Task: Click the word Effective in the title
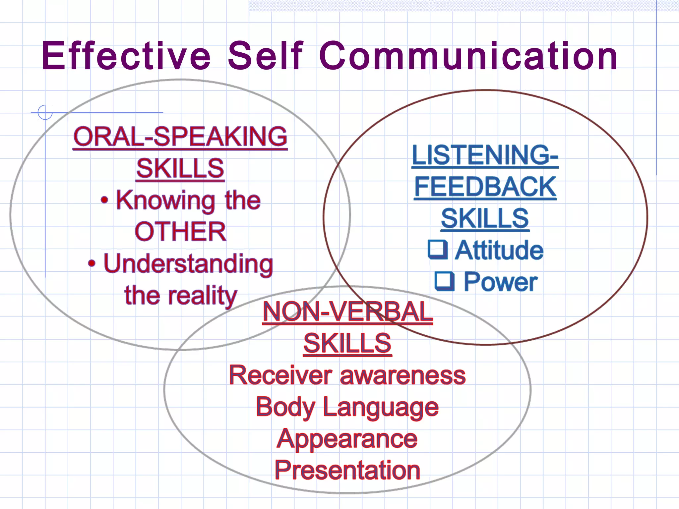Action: tap(126, 56)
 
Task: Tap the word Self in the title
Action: tap(265, 56)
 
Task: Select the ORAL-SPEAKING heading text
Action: tap(180, 137)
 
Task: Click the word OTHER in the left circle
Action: tap(180, 232)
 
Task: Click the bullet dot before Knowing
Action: tap(104, 200)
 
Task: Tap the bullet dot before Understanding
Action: tap(92, 263)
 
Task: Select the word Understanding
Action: tap(188, 264)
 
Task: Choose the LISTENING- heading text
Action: tap(485, 155)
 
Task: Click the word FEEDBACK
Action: tap(485, 187)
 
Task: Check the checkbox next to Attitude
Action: tap(438, 250)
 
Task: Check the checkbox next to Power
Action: tap(444, 281)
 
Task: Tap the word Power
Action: tap(500, 282)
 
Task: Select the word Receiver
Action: tap(280, 375)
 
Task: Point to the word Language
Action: tap(381, 407)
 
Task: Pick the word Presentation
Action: tap(347, 470)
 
